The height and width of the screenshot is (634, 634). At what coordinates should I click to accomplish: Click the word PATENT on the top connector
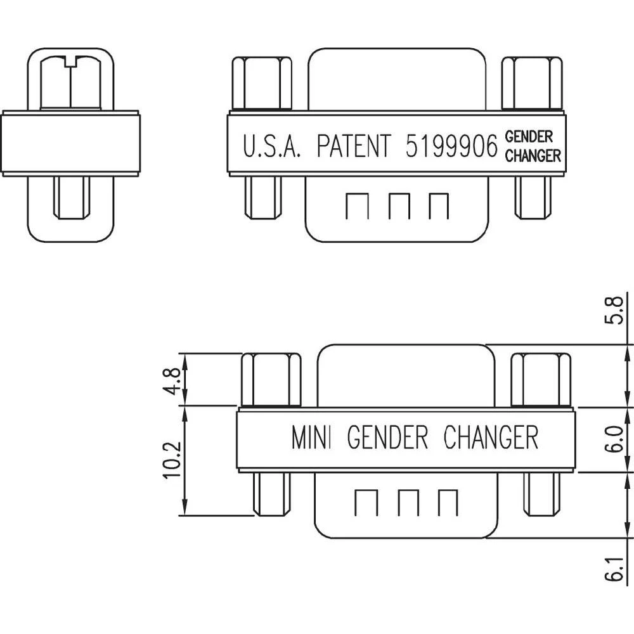354,146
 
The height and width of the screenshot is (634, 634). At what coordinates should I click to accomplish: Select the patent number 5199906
451,146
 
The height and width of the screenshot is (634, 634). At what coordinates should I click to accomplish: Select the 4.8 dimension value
173,379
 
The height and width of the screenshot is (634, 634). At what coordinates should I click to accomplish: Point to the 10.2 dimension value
173,461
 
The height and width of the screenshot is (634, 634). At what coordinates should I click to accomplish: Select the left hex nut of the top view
261,84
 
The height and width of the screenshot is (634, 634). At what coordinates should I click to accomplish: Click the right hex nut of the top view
533,84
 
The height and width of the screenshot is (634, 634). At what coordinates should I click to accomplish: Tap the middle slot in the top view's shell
399,206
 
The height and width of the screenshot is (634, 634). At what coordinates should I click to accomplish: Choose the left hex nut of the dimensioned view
271,379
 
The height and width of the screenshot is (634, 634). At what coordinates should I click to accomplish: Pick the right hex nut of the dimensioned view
541,379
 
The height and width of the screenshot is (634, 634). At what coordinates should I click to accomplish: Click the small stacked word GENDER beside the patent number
529,136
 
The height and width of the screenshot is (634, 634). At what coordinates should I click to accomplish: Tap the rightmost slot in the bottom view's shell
448,502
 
